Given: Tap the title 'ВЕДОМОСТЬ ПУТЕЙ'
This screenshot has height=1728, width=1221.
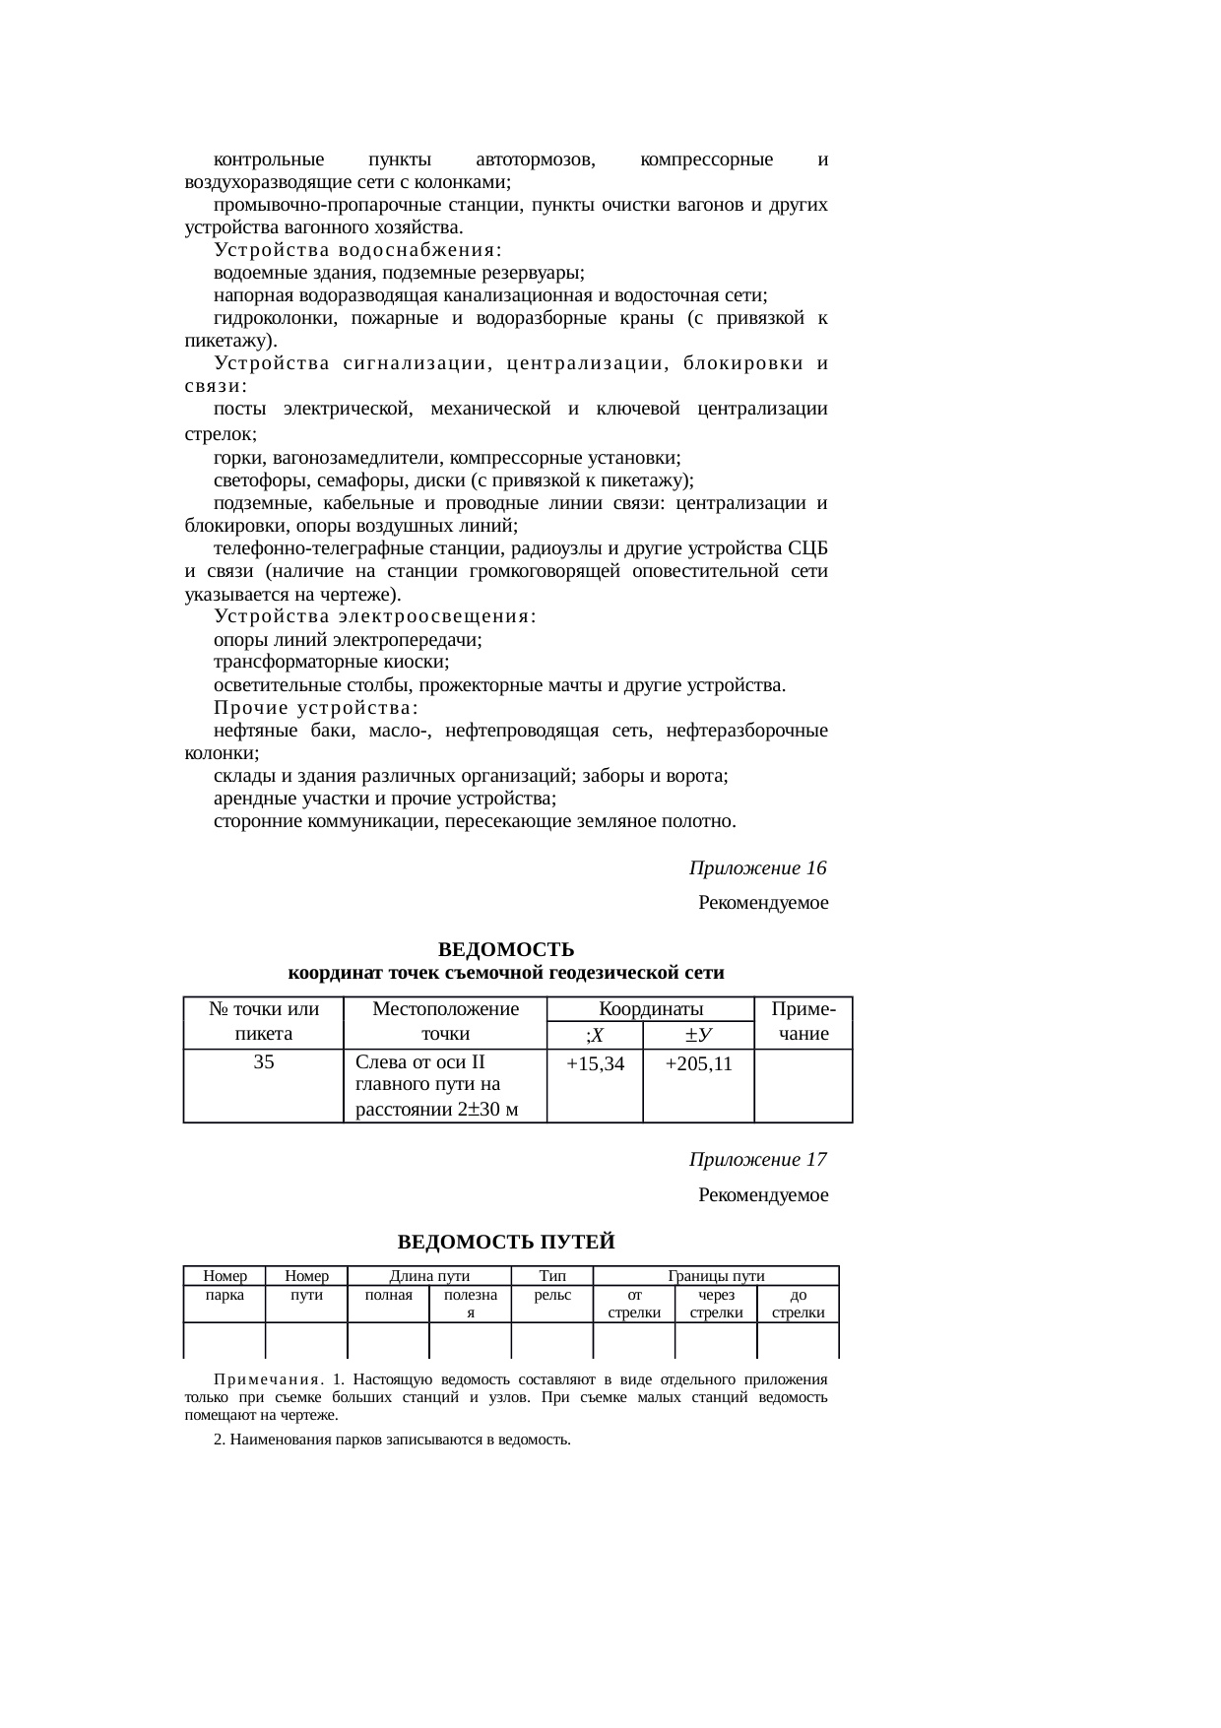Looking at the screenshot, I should tap(505, 1242).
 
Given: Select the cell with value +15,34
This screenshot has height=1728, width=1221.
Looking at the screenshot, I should tap(595, 1064).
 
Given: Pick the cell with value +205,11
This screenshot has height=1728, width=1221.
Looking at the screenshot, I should tap(698, 1064).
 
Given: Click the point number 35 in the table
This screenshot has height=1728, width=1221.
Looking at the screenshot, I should tap(263, 1062).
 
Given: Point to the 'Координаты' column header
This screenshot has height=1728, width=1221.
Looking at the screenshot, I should tap(650, 1009).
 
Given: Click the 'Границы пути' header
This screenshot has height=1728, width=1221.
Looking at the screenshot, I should tap(716, 1276).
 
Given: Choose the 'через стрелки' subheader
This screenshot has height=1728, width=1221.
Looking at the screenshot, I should tap(716, 1305).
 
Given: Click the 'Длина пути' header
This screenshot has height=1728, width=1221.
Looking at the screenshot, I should tap(429, 1276).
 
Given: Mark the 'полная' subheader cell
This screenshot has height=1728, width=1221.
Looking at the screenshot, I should tap(388, 1296).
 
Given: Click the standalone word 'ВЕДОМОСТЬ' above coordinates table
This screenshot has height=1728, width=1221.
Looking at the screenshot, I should tap(505, 950).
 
